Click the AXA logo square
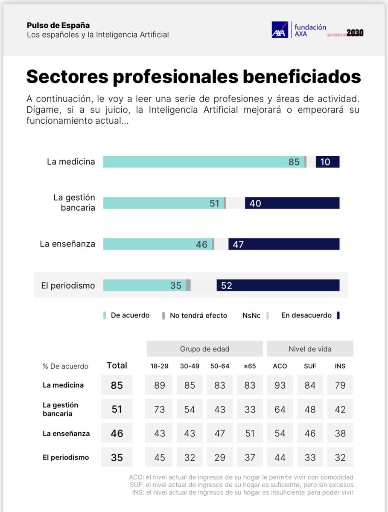pyautogui.click(x=280, y=30)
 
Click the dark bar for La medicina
pyautogui.click(x=327, y=162)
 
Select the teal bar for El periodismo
pyautogui.click(x=144, y=285)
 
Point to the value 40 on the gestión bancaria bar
pyautogui.click(x=255, y=204)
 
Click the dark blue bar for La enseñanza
pyautogui.click(x=284, y=244)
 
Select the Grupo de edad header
pyautogui.click(x=204, y=349)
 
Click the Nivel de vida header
pyautogui.click(x=310, y=349)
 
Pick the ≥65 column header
pyautogui.click(x=250, y=366)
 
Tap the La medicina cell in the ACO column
pyautogui.click(x=280, y=385)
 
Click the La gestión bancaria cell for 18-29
pyautogui.click(x=159, y=409)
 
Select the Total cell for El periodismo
pyautogui.click(x=117, y=457)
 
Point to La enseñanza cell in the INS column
pyautogui.click(x=340, y=433)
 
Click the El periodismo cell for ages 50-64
pyautogui.click(x=220, y=457)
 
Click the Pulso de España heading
pyautogui.click(x=58, y=25)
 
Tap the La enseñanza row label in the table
pyautogui.click(x=66, y=433)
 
